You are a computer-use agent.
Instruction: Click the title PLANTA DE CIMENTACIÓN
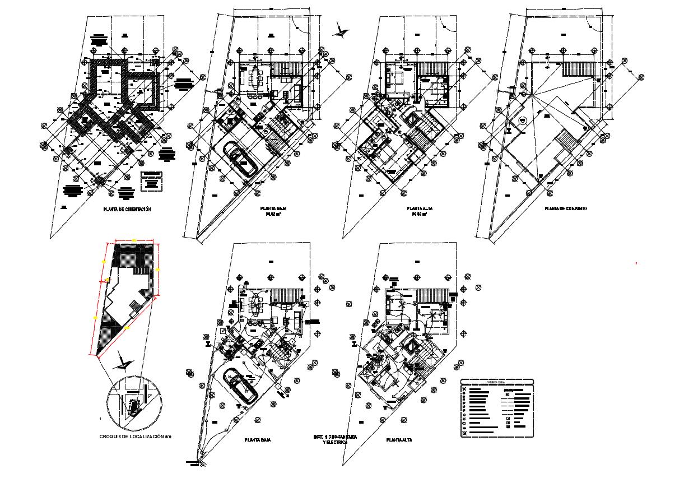click(127, 209)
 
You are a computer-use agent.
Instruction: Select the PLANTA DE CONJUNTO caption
click(566, 208)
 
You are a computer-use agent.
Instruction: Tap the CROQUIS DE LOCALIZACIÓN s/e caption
click(135, 436)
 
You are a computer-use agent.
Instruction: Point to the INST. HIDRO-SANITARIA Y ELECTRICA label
click(335, 439)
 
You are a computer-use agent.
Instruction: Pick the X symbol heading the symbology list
click(464, 388)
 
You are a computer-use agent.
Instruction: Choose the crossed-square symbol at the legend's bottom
click(464, 433)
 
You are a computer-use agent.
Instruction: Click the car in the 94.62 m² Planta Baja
click(240, 159)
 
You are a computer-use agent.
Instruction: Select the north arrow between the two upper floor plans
click(340, 30)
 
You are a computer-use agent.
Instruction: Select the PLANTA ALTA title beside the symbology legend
click(399, 440)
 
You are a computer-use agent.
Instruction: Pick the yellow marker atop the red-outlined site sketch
click(134, 240)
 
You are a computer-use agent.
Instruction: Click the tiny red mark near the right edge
click(636, 263)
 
